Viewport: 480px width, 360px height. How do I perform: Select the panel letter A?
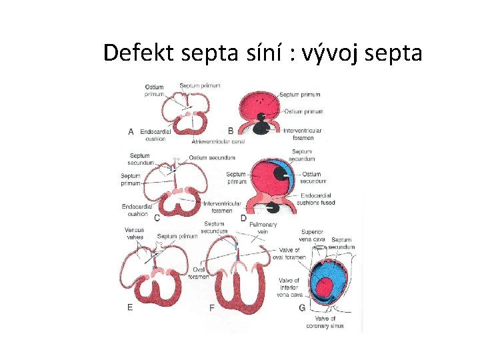point(131,132)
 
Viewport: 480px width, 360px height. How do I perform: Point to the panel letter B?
point(231,131)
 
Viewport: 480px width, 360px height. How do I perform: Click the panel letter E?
point(129,307)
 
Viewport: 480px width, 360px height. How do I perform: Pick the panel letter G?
point(302,307)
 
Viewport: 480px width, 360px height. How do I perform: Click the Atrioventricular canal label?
point(218,142)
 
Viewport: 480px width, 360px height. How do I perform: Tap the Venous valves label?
point(134,233)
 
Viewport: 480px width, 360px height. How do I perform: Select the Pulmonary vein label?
point(263,228)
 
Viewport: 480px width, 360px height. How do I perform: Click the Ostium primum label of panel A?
point(154,90)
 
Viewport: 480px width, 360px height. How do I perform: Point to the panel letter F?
point(211,307)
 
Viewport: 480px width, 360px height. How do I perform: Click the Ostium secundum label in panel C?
point(212,157)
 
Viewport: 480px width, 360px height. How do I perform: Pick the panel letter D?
point(243,218)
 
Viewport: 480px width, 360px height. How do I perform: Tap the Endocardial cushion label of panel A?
point(155,135)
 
